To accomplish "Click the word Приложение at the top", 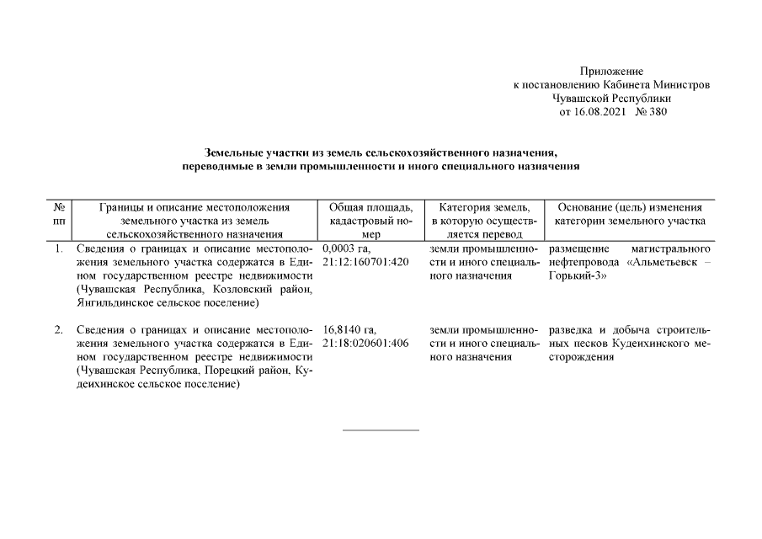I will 611,72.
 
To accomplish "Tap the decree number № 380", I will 652,112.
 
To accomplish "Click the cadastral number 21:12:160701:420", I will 365,263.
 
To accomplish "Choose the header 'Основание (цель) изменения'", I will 630,207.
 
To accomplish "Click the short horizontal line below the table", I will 381,430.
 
